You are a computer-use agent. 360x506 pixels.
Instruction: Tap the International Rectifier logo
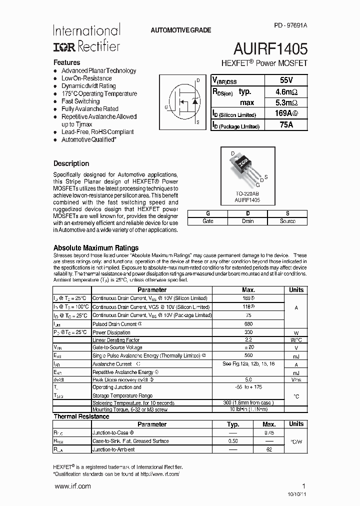click(86, 38)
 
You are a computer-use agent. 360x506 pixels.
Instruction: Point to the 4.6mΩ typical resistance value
click(286, 91)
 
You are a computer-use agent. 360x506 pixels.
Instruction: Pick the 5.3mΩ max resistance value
click(286, 102)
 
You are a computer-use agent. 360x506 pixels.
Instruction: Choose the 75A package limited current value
click(286, 125)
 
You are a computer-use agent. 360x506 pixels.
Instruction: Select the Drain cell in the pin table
click(247, 221)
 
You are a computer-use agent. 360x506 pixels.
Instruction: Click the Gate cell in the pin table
click(207, 221)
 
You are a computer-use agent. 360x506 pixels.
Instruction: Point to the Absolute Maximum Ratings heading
click(96, 248)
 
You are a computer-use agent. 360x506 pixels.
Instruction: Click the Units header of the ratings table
click(296, 290)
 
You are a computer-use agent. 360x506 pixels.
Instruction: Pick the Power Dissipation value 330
click(248, 332)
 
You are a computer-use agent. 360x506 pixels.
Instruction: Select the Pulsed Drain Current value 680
click(248, 324)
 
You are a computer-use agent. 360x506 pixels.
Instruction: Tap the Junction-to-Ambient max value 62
click(269, 449)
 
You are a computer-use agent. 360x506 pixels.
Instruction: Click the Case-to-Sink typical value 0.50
click(233, 441)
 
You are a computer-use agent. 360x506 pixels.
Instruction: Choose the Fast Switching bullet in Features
click(80, 101)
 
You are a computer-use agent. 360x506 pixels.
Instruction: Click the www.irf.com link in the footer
click(72, 486)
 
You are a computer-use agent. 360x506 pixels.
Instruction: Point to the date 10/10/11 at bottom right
click(296, 494)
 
